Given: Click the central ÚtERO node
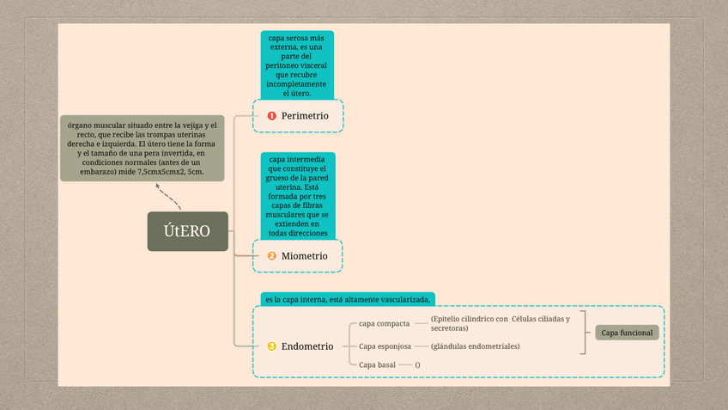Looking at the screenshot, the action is point(187,231).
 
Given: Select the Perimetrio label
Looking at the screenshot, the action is point(305,115).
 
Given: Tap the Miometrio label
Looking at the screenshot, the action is point(305,256).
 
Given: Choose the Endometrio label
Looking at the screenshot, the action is point(307,346).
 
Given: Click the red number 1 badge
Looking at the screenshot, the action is point(271,115).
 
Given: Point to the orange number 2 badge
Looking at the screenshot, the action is point(271,256).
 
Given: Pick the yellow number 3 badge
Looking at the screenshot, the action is point(271,346).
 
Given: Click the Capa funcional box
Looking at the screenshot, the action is point(627,333).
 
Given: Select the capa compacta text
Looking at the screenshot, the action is point(384,323).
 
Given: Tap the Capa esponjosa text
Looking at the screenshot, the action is point(385,346).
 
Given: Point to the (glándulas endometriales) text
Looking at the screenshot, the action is point(475,346).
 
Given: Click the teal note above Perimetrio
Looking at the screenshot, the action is point(297,66).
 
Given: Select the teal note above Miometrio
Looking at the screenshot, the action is point(297,196).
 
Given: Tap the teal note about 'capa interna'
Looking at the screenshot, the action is point(348,299).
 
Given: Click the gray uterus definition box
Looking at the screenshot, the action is point(142,149).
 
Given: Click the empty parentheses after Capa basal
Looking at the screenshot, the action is point(417,365).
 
